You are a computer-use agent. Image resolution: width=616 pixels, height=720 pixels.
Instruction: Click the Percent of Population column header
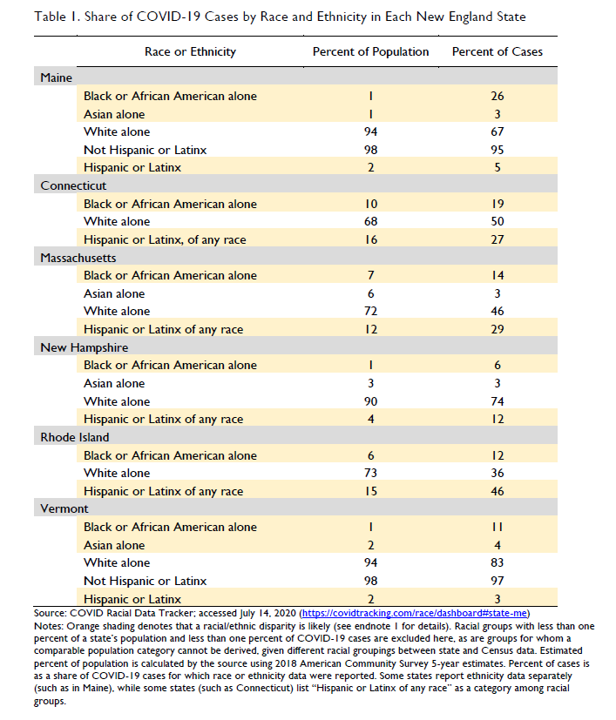click(x=370, y=51)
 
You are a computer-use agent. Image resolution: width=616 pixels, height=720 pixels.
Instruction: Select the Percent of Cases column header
click(x=497, y=51)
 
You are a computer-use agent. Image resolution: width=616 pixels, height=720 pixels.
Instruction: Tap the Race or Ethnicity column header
click(x=190, y=51)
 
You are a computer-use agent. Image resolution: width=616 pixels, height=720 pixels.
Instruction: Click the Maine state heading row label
click(x=57, y=77)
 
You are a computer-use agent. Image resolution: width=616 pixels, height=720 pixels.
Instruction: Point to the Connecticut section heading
click(x=73, y=185)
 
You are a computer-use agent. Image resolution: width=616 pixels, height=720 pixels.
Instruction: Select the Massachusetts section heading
click(x=78, y=258)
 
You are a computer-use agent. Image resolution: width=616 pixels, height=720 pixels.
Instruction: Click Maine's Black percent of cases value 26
click(x=497, y=96)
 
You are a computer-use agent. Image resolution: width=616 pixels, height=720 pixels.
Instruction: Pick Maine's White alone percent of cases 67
click(x=497, y=131)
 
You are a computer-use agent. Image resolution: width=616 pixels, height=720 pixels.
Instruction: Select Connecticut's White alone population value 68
click(x=370, y=221)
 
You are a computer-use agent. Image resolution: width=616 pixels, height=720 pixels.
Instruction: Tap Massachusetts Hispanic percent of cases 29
click(x=497, y=329)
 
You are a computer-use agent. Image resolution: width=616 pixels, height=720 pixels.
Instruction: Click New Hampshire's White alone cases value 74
click(x=497, y=401)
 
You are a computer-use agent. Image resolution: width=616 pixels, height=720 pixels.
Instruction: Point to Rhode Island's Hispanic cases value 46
click(x=497, y=491)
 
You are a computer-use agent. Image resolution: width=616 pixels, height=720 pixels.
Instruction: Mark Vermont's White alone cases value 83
click(x=497, y=562)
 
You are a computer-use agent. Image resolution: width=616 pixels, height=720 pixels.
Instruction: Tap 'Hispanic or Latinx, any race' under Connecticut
click(x=165, y=239)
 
